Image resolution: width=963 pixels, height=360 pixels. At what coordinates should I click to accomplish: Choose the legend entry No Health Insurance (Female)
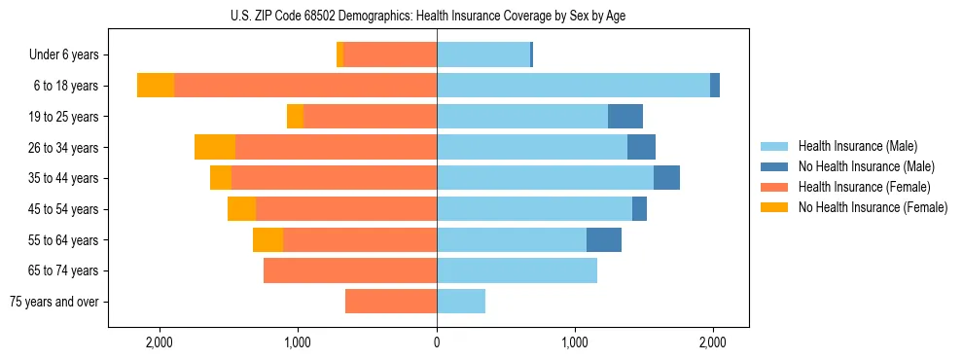[873, 207]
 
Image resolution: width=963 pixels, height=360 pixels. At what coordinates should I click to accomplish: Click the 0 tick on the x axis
[437, 342]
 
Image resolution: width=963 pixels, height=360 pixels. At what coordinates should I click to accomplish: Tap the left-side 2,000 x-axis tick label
[159, 342]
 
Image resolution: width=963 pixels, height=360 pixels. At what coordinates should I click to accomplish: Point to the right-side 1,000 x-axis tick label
[575, 342]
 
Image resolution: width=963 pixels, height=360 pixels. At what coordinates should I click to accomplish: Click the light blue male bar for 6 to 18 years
[573, 86]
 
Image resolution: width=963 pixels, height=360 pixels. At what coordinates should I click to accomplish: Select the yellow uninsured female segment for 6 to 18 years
[156, 86]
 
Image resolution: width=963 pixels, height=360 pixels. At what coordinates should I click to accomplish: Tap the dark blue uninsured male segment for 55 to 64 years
[604, 240]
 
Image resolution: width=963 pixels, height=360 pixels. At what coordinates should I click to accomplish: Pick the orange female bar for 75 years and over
[391, 302]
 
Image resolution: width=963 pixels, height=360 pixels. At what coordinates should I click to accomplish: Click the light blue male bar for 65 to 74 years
[517, 270]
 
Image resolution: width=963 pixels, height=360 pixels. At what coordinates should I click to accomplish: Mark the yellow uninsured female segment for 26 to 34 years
[215, 148]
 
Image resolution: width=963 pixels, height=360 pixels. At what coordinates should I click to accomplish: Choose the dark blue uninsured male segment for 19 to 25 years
[625, 117]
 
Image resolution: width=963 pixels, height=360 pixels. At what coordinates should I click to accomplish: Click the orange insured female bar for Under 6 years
[390, 55]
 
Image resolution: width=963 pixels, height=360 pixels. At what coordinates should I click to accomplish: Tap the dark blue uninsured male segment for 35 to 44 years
[666, 178]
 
